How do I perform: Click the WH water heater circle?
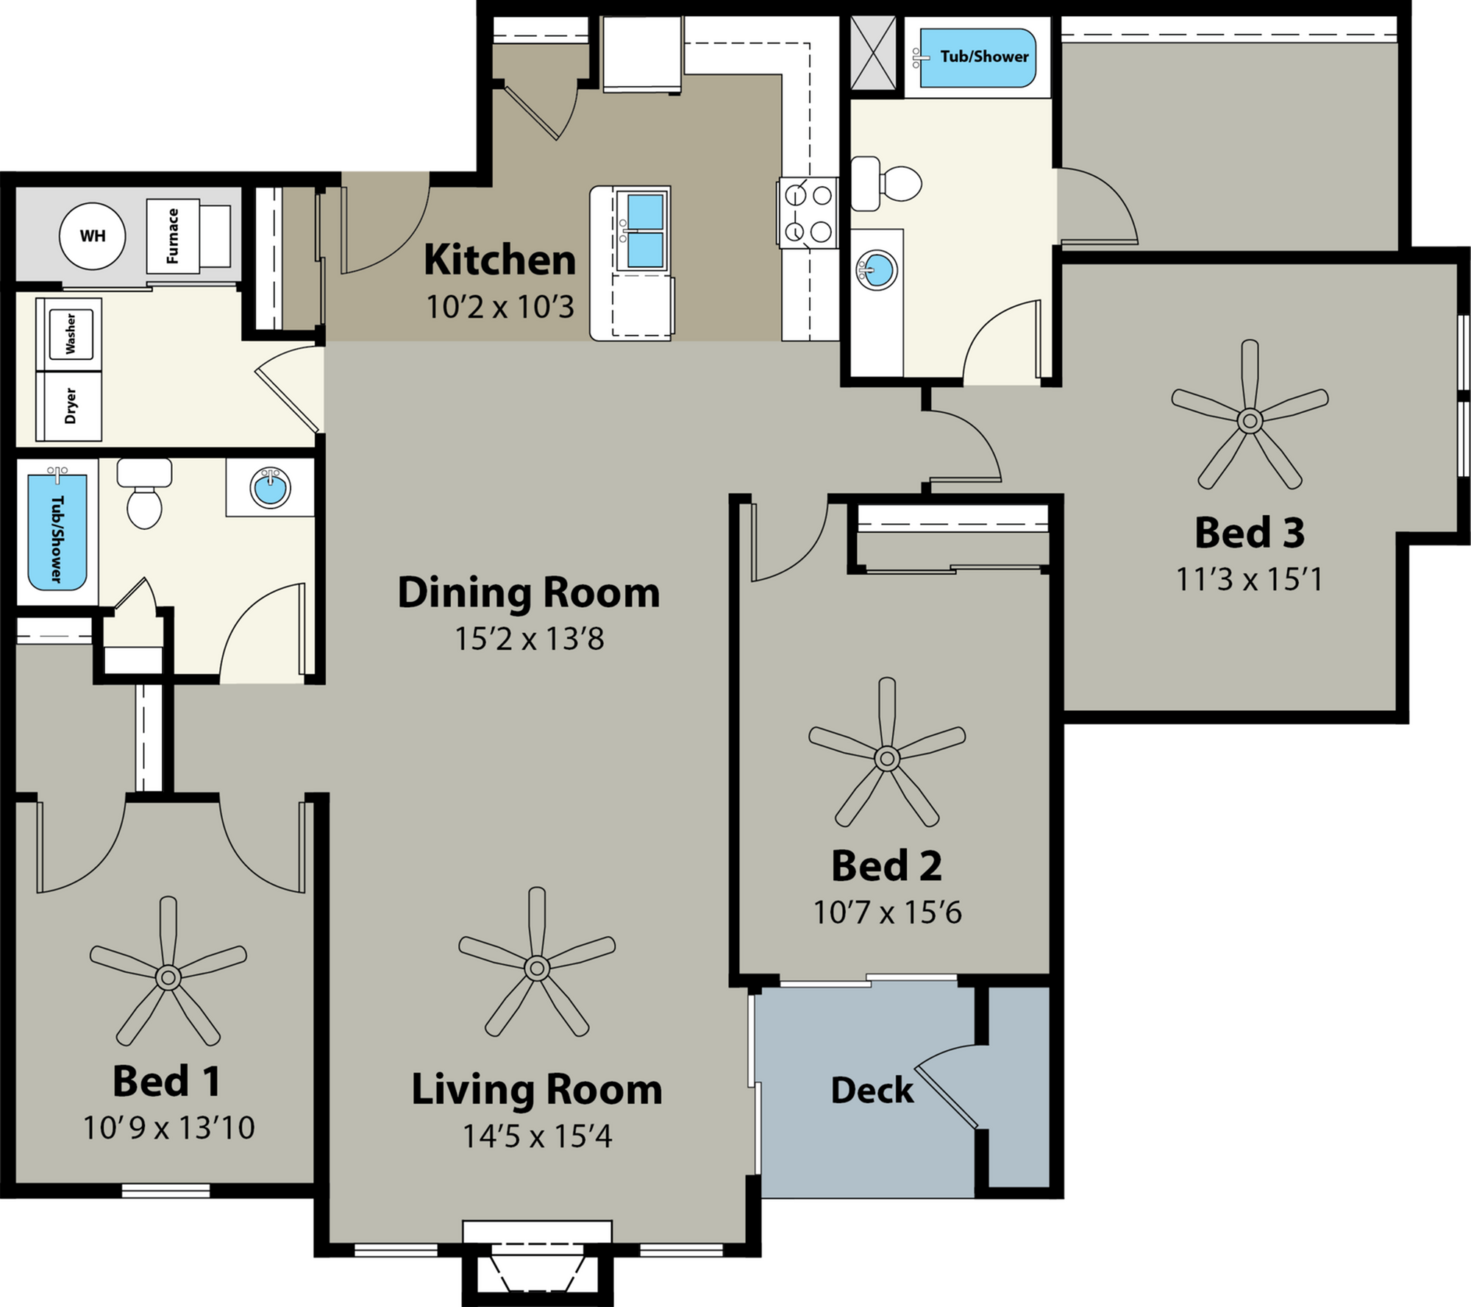[93, 236]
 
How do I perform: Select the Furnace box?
[174, 236]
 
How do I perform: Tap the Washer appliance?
[71, 333]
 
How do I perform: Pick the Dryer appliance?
[71, 405]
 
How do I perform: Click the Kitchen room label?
[499, 261]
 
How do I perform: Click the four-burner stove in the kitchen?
[808, 214]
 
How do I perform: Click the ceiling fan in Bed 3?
[1249, 420]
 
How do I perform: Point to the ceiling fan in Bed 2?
[886, 757]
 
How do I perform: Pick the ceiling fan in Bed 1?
[168, 977]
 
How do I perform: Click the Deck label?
[872, 1090]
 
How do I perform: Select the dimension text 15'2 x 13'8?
[530, 639]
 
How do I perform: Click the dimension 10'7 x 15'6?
[887, 913]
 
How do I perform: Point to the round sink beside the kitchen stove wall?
[877, 269]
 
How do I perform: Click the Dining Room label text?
[529, 593]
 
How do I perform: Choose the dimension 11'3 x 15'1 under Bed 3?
[1250, 580]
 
